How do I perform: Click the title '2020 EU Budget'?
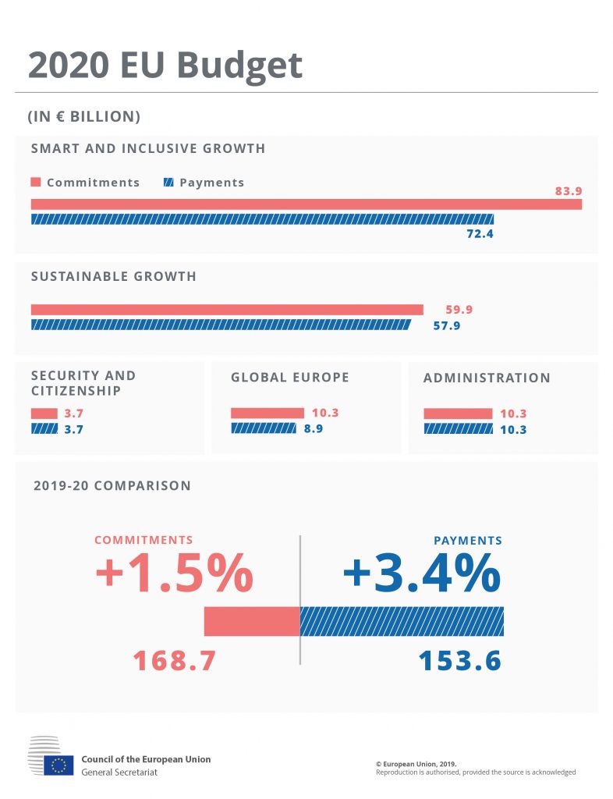(165, 66)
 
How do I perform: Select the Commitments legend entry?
(85, 183)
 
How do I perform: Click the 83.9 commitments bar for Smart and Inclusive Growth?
(306, 204)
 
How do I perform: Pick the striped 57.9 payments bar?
(220, 325)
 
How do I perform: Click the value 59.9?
(459, 310)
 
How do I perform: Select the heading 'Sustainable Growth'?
(113, 276)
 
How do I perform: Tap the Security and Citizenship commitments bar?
(44, 414)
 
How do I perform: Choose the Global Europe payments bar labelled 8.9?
(263, 428)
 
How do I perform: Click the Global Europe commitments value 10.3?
(325, 414)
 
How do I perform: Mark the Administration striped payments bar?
(458, 428)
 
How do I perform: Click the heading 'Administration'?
(487, 378)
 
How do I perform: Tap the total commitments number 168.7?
(174, 661)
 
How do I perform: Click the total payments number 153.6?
(459, 661)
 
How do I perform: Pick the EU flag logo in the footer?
(58, 765)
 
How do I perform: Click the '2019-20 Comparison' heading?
(112, 485)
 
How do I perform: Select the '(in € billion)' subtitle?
(84, 116)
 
